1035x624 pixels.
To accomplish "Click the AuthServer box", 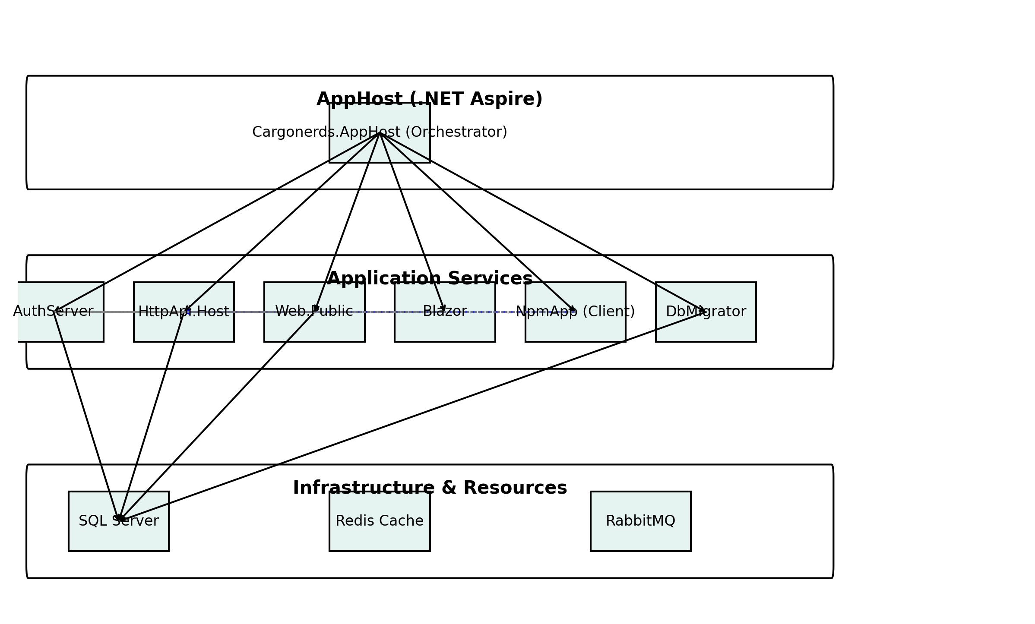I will point(60,328).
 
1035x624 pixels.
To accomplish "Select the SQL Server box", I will point(119,535).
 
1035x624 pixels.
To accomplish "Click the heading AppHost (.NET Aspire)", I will point(429,99).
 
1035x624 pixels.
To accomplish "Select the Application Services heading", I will point(429,279).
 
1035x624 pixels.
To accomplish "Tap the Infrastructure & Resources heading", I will point(429,488).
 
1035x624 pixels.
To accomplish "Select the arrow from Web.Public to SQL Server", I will point(216,416).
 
